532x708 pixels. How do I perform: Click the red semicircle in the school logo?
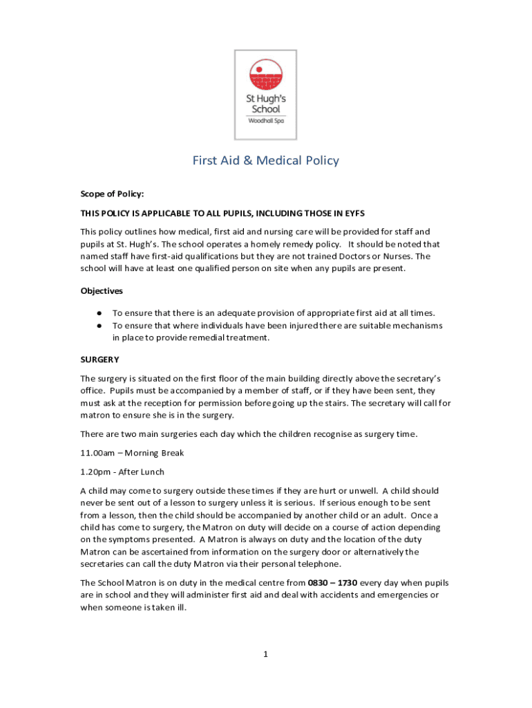pyautogui.click(x=266, y=69)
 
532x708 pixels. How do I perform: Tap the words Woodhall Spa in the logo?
pyautogui.click(x=266, y=120)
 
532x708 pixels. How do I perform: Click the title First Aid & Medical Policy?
pyautogui.click(x=266, y=160)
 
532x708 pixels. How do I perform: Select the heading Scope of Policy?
pyautogui.click(x=112, y=194)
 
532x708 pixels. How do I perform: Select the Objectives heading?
pyautogui.click(x=102, y=291)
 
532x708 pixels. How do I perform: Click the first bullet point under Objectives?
pyautogui.click(x=100, y=313)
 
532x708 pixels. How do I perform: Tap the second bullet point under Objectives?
pyautogui.click(x=100, y=326)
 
